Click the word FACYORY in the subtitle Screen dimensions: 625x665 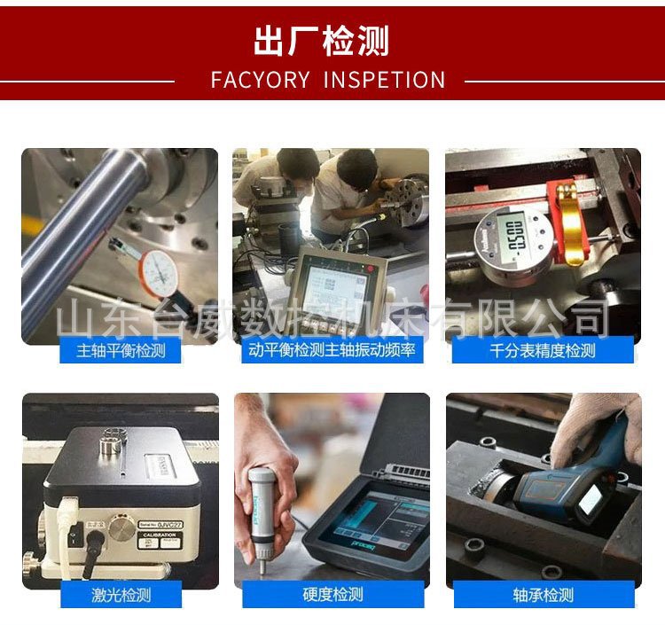tap(260, 81)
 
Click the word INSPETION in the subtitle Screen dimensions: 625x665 tap(384, 81)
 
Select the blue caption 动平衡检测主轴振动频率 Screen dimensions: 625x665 tap(332, 350)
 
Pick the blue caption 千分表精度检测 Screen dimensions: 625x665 tap(543, 350)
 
